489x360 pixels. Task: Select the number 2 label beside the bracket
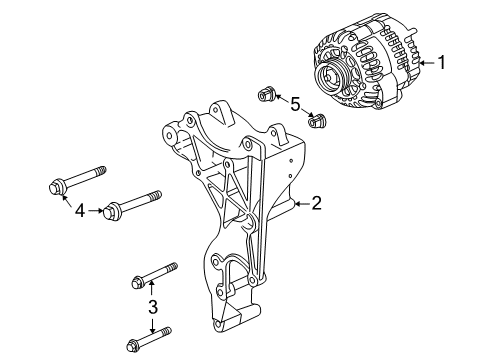pos(316,205)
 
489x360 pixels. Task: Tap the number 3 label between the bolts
pos(152,306)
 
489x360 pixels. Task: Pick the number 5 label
pos(295,103)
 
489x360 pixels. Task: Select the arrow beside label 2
pos(299,205)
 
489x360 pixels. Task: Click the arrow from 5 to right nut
pos(307,113)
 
